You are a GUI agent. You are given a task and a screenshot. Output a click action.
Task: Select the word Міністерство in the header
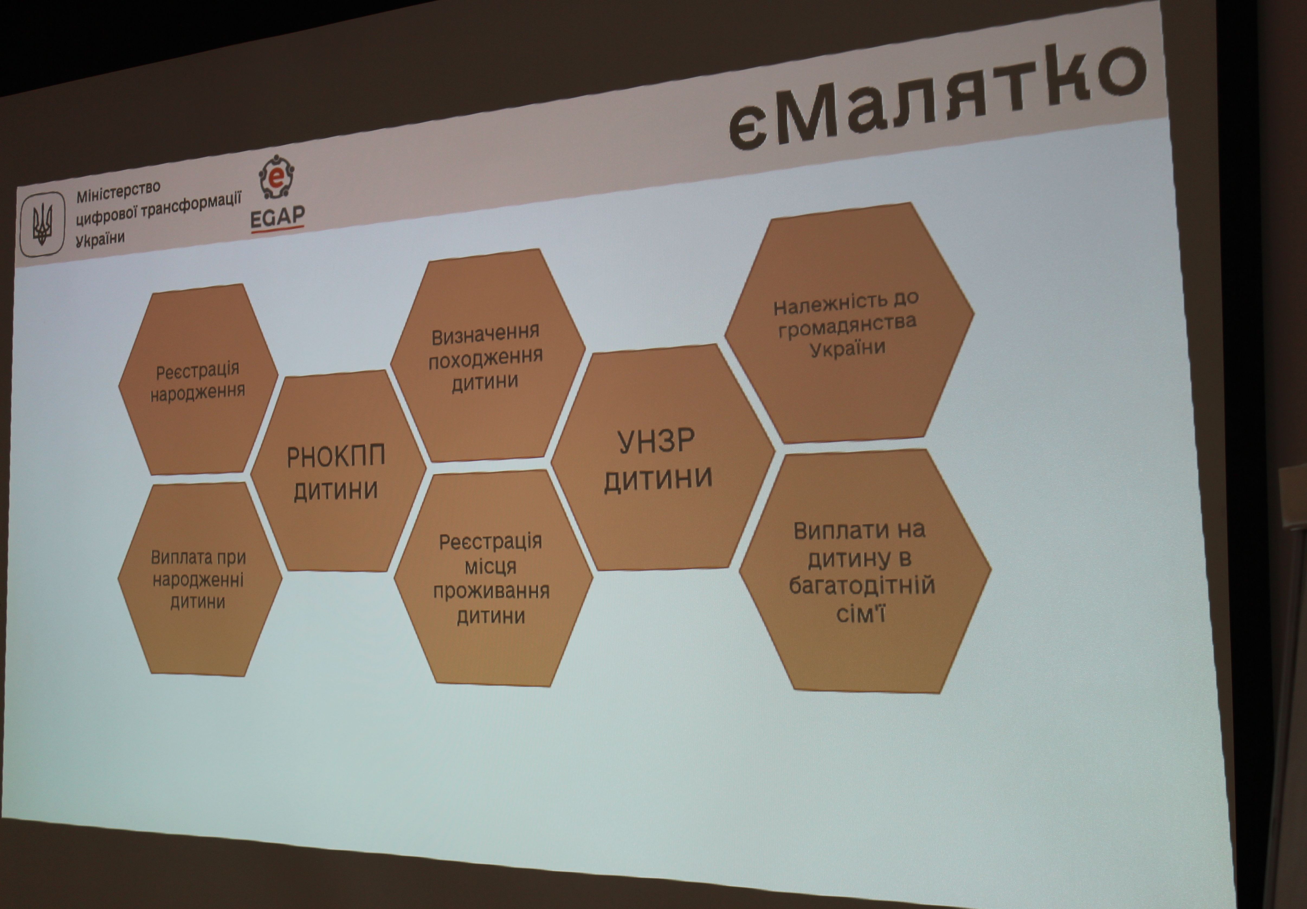click(x=118, y=191)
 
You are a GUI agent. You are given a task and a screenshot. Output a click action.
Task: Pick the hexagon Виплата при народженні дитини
click(x=199, y=579)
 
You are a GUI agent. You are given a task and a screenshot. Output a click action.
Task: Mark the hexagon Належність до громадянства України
click(x=849, y=323)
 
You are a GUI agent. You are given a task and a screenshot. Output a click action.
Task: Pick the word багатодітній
click(x=862, y=586)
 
